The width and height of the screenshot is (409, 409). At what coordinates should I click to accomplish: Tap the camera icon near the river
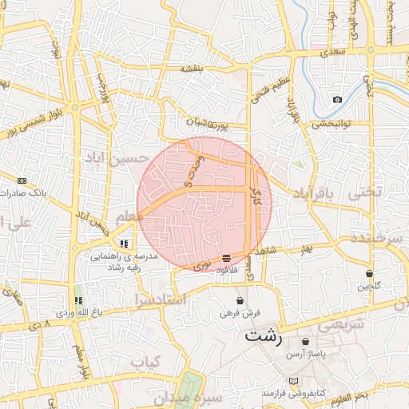338,99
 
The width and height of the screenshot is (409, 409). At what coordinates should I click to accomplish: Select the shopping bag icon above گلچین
368,273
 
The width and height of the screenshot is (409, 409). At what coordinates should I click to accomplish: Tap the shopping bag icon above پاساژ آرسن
306,341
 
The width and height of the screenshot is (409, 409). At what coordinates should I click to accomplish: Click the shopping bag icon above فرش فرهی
240,300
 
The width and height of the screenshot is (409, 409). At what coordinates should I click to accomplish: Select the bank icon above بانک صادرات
22,181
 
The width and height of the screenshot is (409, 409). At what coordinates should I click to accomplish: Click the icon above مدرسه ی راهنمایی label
124,243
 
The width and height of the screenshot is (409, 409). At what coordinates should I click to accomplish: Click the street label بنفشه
193,69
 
